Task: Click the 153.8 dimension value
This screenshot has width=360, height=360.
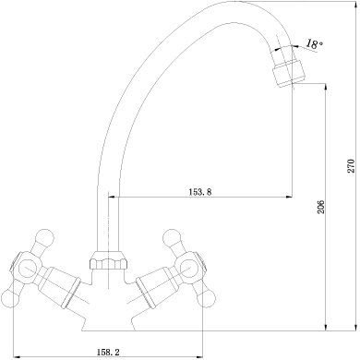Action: click(x=199, y=192)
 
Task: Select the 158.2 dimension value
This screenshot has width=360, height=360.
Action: click(x=107, y=352)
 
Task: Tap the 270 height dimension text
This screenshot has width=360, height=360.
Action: click(x=351, y=166)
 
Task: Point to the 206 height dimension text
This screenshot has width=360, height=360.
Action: click(x=320, y=207)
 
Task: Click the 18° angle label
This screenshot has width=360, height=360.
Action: click(x=315, y=44)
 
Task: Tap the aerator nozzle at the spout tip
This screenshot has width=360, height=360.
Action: click(x=289, y=74)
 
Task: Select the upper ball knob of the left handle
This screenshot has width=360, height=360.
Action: click(x=44, y=237)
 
